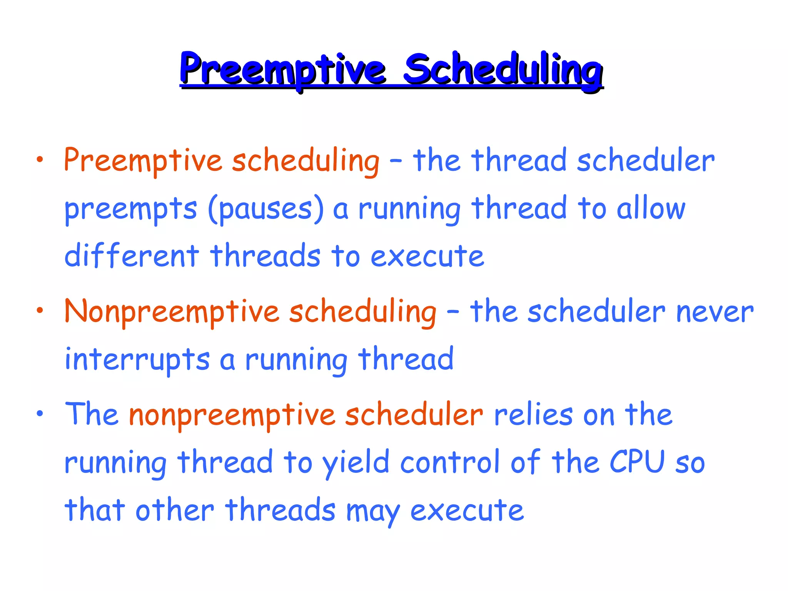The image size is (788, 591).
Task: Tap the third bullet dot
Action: coord(40,414)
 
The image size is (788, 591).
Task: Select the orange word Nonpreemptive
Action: coord(172,312)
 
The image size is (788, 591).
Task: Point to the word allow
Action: coord(651,209)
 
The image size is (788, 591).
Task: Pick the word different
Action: coord(132,255)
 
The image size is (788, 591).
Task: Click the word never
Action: coord(715,312)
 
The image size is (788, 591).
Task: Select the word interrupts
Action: coord(137,359)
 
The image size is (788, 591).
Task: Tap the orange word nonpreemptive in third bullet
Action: coord(232,416)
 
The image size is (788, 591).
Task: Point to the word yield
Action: coord(356,463)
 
